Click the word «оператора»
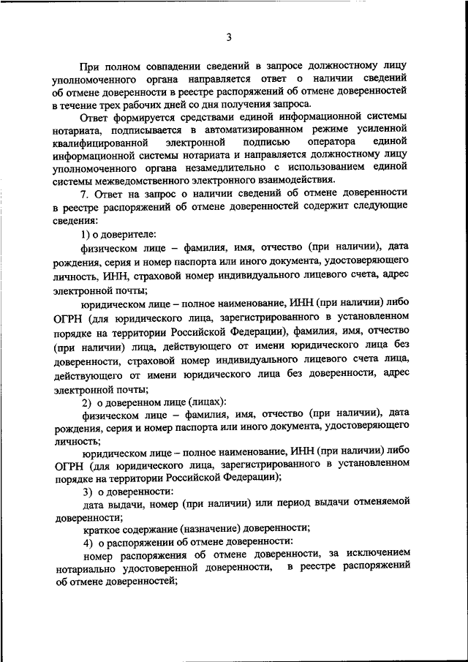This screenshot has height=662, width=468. [x=331, y=142]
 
